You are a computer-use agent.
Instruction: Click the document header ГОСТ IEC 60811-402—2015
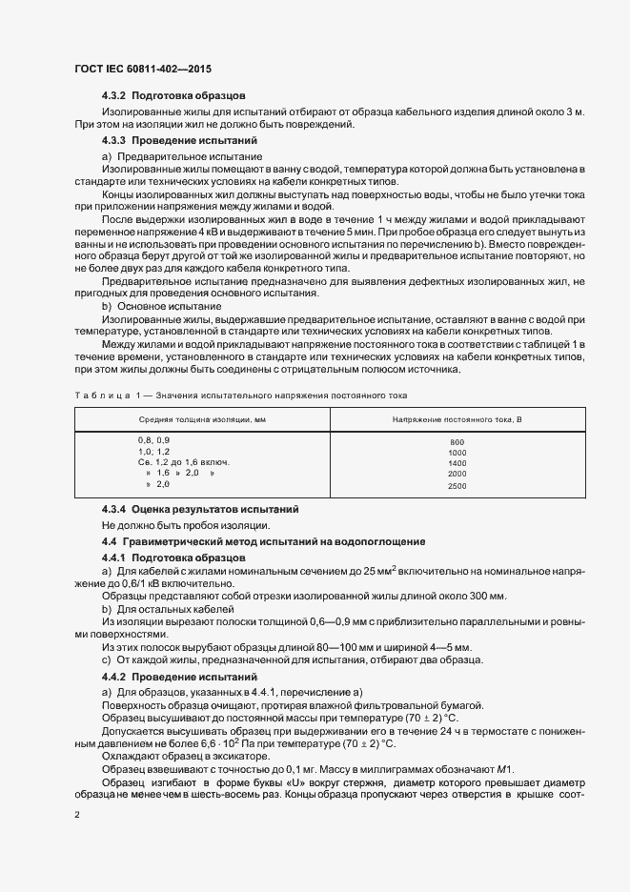[x=142, y=70]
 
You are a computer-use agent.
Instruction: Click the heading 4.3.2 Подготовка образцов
[x=174, y=96]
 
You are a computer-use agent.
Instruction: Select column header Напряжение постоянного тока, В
[x=457, y=418]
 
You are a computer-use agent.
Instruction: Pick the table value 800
[x=457, y=442]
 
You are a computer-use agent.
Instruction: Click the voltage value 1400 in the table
[x=457, y=463]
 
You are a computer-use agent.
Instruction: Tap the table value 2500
[x=457, y=486]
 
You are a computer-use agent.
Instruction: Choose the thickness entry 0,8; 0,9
[x=153, y=439]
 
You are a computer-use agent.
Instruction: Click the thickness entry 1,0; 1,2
[x=153, y=451]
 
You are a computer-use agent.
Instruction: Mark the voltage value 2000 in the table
[x=457, y=474]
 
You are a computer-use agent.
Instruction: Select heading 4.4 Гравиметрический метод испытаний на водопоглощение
[x=263, y=541]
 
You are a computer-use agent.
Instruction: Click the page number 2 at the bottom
[x=76, y=816]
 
